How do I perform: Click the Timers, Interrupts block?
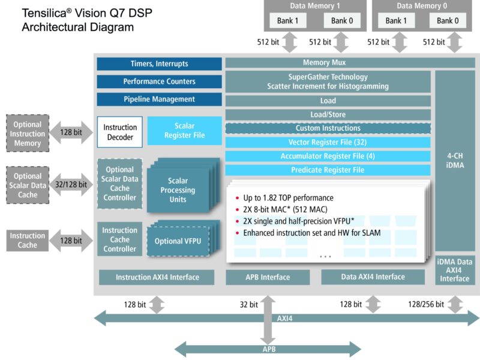pyautogui.click(x=159, y=64)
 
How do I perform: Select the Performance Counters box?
pyautogui.click(x=159, y=82)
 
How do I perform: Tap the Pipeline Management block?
pyautogui.click(x=159, y=99)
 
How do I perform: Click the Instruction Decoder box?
pyautogui.click(x=120, y=132)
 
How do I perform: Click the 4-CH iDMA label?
pyautogui.click(x=455, y=161)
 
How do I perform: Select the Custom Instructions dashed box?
pyautogui.click(x=328, y=128)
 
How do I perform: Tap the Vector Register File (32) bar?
pyautogui.click(x=328, y=142)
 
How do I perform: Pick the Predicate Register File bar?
pyautogui.click(x=328, y=170)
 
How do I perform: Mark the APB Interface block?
pyautogui.click(x=268, y=277)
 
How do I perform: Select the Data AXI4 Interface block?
pyautogui.click(x=372, y=277)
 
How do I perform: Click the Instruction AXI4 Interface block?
pyautogui.click(x=157, y=277)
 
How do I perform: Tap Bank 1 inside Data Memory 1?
pyautogui.click(x=292, y=20)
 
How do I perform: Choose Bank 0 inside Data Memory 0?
pyautogui.click(x=445, y=20)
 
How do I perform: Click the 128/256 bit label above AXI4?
pyautogui.click(x=426, y=305)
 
